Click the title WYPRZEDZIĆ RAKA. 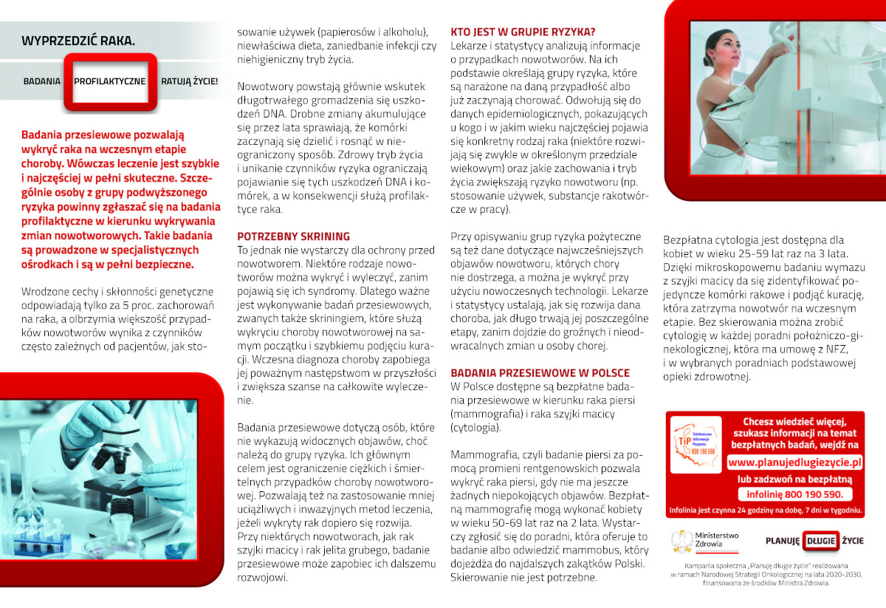point(78,41)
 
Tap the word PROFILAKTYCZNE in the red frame point(110,81)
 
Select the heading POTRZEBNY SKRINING point(293,236)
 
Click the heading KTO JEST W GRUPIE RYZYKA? point(523,32)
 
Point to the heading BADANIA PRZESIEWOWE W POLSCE point(540,372)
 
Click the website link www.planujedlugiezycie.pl point(794,462)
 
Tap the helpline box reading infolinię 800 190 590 point(794,495)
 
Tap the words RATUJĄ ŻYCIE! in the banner point(190,81)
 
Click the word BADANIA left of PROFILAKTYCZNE point(42,81)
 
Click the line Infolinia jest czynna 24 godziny point(765,510)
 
